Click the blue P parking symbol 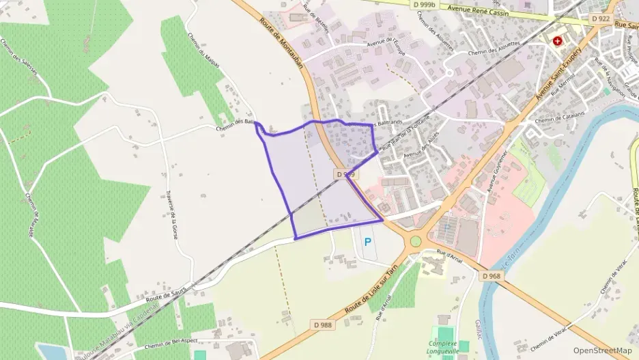click(368, 242)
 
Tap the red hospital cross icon click(558, 41)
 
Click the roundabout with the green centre click(416, 241)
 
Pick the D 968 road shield click(490, 276)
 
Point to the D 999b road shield click(425, 5)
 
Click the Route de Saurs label click(165, 295)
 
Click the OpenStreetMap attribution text click(602, 350)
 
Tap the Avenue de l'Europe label click(390, 42)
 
